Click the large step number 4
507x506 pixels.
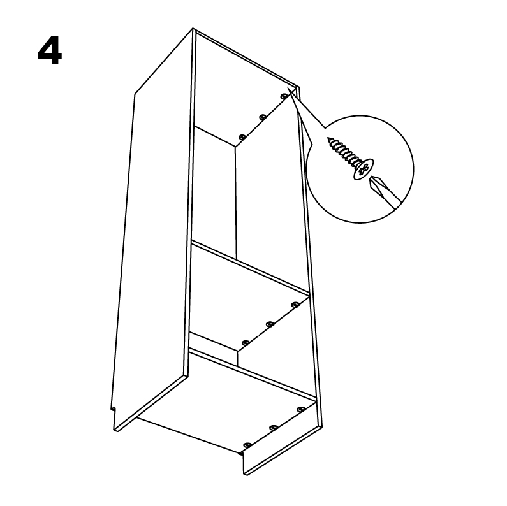[x=50, y=50]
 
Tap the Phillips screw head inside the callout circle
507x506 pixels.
[x=364, y=169]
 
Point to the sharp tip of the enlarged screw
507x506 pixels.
[x=328, y=138]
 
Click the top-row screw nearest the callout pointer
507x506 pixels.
[x=284, y=96]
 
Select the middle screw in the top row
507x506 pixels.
[x=263, y=117]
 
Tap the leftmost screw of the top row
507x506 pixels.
[x=241, y=137]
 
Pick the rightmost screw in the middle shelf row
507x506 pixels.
[x=295, y=305]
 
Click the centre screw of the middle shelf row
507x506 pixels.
[x=270, y=324]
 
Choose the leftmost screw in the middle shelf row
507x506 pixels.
[x=246, y=342]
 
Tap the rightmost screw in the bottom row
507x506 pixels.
[x=301, y=409]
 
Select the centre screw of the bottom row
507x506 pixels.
[x=274, y=428]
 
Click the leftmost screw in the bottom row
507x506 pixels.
[x=247, y=445]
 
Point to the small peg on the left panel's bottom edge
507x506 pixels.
[x=113, y=409]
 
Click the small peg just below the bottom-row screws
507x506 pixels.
[x=240, y=454]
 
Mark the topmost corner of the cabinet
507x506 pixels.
[x=193, y=29]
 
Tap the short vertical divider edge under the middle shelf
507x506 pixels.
[x=238, y=358]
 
